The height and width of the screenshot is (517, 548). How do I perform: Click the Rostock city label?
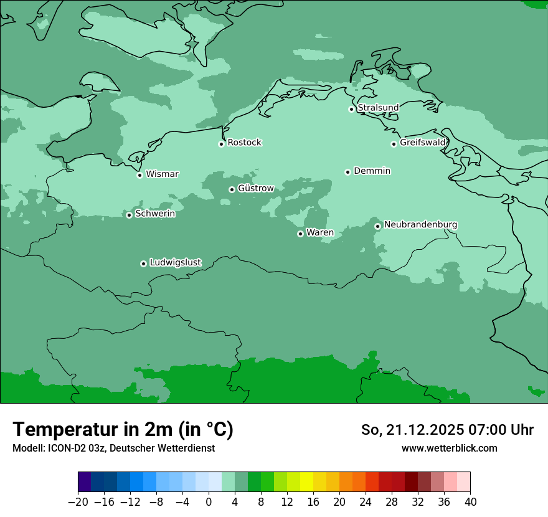point(244,143)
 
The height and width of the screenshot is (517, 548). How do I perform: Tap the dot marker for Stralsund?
point(351,109)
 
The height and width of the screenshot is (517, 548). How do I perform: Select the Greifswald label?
point(423,143)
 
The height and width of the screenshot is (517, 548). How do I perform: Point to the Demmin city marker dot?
point(347,172)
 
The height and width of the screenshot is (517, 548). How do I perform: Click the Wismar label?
point(162,174)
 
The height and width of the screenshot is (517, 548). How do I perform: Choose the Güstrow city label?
point(255,188)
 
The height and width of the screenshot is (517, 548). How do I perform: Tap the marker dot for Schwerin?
point(129,215)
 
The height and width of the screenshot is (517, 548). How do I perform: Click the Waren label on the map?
point(320,233)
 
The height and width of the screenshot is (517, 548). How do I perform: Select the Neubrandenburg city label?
point(420,225)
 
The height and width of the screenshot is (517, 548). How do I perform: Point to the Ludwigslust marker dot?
point(143,263)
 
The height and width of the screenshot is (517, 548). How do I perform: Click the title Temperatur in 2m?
point(123,430)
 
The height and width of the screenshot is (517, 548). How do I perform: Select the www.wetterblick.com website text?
point(449,448)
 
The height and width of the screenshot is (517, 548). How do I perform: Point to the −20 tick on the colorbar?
point(78,501)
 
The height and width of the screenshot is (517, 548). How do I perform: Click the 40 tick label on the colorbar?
point(470,501)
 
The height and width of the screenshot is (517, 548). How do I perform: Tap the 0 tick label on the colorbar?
point(209,501)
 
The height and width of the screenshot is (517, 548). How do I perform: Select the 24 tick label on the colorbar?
point(366,501)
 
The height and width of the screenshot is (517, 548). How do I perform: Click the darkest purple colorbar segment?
point(85,482)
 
